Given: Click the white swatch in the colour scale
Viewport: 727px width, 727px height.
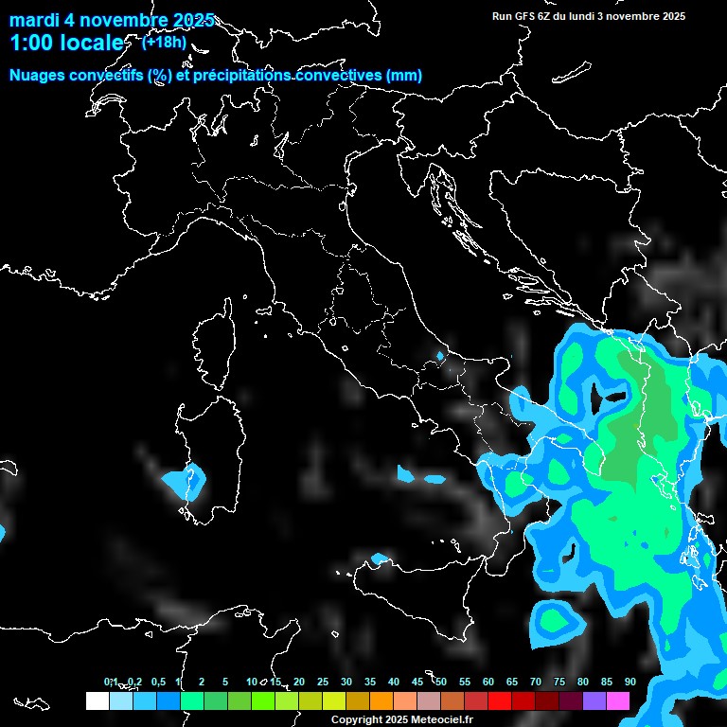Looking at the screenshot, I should pos(97,700).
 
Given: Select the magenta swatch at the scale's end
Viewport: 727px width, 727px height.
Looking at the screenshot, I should pos(618,700).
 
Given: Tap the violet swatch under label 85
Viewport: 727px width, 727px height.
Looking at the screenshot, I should pos(594,700).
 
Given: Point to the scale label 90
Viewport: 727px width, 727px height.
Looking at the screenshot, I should pos(629,682).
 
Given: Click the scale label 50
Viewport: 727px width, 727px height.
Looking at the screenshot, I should pos(441,682).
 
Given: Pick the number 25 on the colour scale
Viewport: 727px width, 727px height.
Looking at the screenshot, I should pos(323,682).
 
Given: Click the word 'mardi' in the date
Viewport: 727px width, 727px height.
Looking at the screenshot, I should pos(35,20).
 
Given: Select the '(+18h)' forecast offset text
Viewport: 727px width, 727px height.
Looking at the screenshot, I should pos(165,42).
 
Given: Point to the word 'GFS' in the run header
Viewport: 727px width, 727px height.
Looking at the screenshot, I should pos(526,16).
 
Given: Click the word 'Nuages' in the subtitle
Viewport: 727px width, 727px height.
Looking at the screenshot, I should pos(37,75).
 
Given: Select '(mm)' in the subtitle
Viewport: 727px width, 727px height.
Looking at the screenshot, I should pos(403,75).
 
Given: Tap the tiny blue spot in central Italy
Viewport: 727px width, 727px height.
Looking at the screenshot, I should pos(439,357).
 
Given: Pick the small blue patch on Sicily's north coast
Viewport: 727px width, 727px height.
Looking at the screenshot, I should pos(380,559).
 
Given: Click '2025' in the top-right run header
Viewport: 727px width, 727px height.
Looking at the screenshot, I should pos(673,16).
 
